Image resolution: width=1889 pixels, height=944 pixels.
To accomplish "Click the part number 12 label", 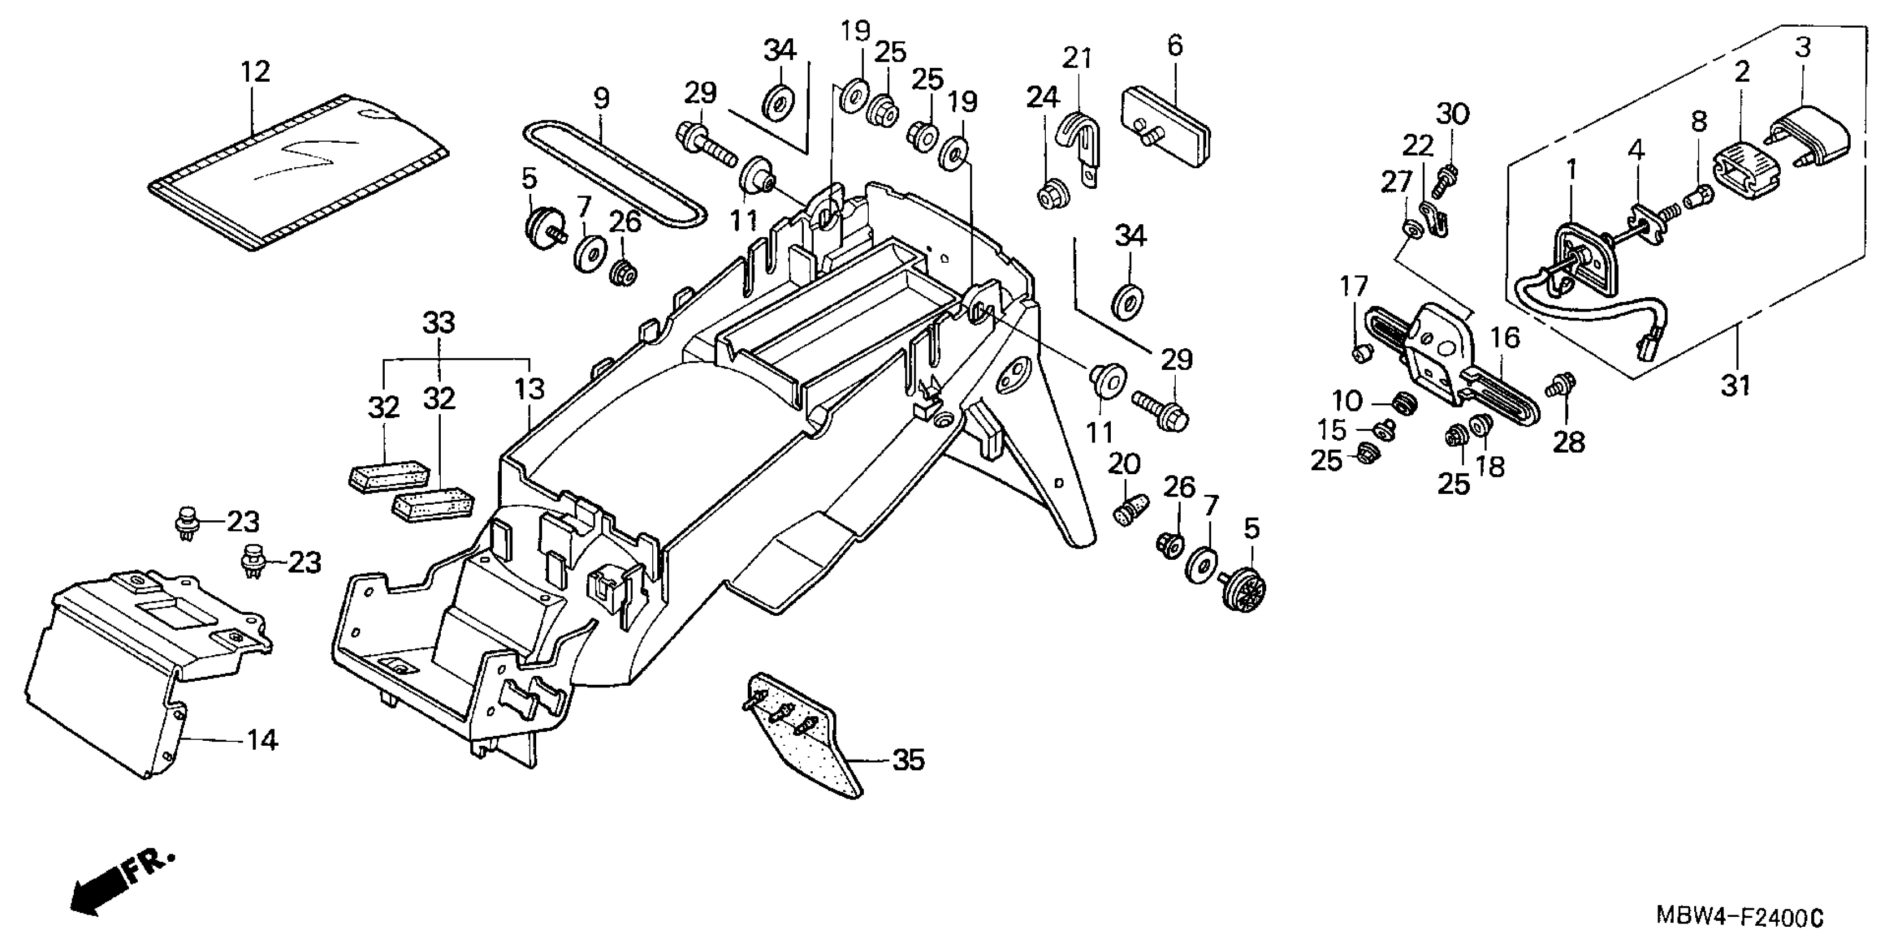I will [255, 72].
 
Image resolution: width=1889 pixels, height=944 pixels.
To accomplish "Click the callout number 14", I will [261, 741].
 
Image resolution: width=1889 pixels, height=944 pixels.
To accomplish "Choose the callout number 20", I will [1123, 465].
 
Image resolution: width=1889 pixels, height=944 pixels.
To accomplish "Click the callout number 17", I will [1354, 286].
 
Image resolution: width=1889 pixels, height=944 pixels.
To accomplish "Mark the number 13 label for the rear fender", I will [530, 389].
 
